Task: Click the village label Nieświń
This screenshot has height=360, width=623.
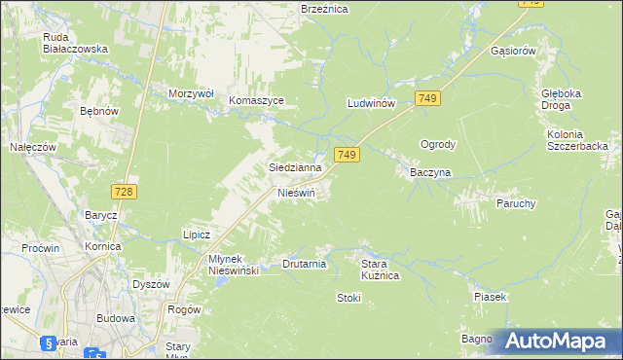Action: pyautogui.click(x=297, y=193)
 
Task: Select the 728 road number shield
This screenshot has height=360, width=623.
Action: pyautogui.click(x=123, y=192)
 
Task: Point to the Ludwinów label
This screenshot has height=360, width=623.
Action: pyautogui.click(x=370, y=102)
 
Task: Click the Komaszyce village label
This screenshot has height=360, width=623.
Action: pyautogui.click(x=256, y=100)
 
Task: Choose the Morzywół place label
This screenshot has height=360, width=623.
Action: pyautogui.click(x=190, y=93)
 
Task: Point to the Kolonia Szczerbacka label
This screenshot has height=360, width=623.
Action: pyautogui.click(x=577, y=139)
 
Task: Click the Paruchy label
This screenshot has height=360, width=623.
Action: pyautogui.click(x=516, y=203)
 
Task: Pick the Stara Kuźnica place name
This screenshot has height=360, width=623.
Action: pyautogui.click(x=381, y=270)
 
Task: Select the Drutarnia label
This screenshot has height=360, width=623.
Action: pyautogui.click(x=304, y=264)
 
